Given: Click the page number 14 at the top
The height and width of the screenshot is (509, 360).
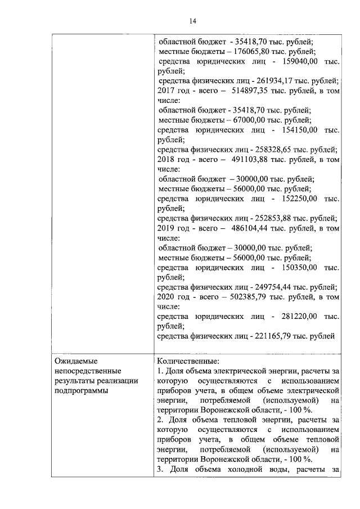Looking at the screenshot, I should tap(192, 21).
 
